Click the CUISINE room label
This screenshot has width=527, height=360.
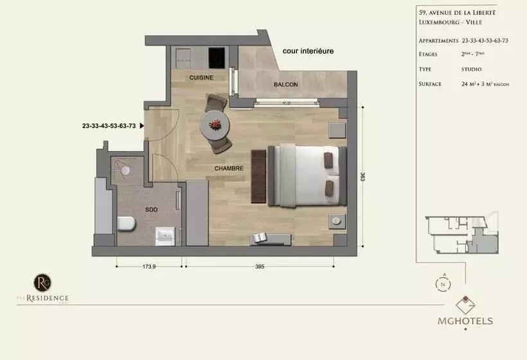coord(201,78)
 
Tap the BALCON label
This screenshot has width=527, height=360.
coord(285,84)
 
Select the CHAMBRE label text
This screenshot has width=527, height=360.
coord(229,168)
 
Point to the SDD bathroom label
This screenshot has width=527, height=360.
coord(151,210)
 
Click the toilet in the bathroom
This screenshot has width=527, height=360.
coord(126,224)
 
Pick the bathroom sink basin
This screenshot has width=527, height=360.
coord(166,236)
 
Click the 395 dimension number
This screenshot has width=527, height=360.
coord(259,267)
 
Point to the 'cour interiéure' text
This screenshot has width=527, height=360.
coord(308,51)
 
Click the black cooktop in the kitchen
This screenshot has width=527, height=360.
coord(219,55)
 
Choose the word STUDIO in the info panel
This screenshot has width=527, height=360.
coord(471,69)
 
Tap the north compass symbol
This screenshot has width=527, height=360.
coord(443,283)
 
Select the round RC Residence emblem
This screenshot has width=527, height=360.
coord(42,282)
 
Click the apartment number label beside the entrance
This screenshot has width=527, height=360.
coord(109,126)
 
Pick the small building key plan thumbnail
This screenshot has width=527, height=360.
coord(461,235)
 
